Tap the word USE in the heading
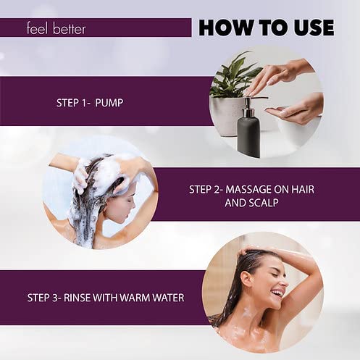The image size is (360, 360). tap(314, 28)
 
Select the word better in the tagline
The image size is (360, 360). tap(69, 28)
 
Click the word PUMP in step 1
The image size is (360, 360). tap(109, 103)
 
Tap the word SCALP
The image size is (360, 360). tap(264, 203)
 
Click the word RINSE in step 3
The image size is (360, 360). tap(77, 298)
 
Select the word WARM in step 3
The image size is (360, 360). tap(135, 298)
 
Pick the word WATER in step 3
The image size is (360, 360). tap(168, 298)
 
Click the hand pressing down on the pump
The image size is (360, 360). tap(277, 78)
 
